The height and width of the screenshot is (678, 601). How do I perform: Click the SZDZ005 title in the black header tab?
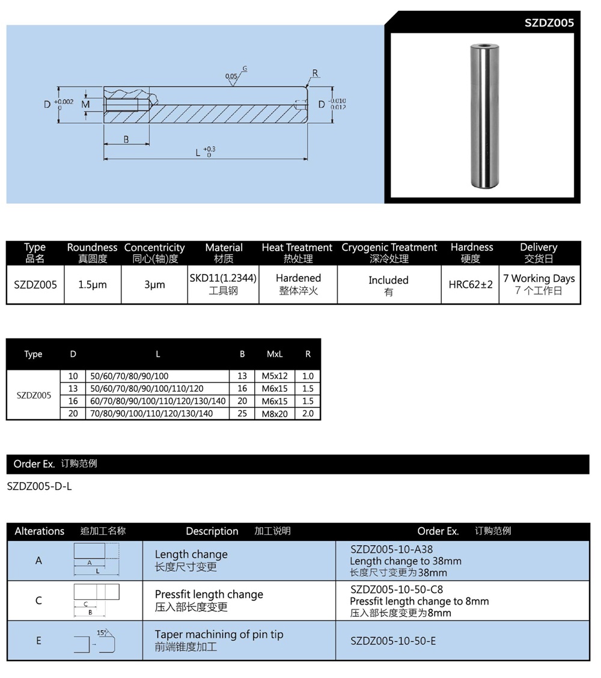click(x=549, y=23)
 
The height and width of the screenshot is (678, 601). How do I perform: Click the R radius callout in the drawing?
click(x=315, y=73)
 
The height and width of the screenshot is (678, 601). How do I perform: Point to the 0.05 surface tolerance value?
click(x=231, y=76)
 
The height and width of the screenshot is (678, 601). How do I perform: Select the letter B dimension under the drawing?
click(x=126, y=139)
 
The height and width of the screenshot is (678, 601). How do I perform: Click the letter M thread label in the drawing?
click(x=85, y=105)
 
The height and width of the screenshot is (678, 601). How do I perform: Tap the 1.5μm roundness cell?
click(x=93, y=285)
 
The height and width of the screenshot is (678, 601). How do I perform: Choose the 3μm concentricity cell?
click(x=154, y=285)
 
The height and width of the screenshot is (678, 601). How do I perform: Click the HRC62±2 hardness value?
click(x=471, y=284)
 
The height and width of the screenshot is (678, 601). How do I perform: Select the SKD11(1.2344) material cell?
click(x=224, y=279)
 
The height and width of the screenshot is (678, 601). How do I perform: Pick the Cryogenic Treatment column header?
click(x=389, y=248)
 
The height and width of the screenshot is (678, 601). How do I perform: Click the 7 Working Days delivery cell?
click(x=539, y=279)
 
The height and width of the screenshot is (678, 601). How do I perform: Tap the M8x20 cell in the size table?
click(x=275, y=414)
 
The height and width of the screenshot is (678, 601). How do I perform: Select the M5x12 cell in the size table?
click(x=275, y=376)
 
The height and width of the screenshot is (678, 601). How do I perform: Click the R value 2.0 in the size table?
click(x=308, y=414)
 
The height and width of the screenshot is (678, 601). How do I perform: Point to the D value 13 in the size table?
click(x=73, y=389)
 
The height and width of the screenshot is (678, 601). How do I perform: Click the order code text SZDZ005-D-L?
click(x=39, y=486)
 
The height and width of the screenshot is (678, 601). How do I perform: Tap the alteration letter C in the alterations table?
click(x=38, y=600)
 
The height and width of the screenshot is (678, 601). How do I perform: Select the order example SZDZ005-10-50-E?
click(x=393, y=641)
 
